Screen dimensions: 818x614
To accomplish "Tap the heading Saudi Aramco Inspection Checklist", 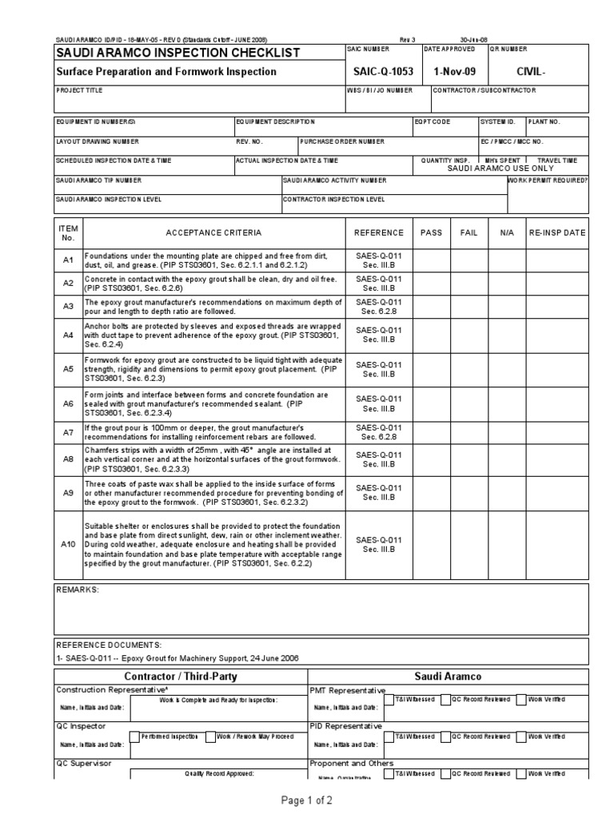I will [177, 53].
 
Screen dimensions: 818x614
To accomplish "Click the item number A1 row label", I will [68, 260].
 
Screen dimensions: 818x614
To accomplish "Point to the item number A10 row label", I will [68, 544].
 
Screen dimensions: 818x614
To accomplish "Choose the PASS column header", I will [431, 232].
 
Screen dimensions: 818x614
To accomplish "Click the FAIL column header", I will [468, 232].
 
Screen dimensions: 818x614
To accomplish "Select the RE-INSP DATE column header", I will [557, 232].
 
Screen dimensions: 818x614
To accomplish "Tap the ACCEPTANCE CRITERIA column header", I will [213, 232].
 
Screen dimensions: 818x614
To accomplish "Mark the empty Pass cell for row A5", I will [431, 369].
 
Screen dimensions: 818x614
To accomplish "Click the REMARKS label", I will [77, 589].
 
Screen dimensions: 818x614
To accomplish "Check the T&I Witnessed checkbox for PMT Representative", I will [389, 701].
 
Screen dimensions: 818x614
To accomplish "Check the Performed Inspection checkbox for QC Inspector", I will [134, 737].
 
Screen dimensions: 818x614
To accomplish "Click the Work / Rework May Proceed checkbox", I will [210, 737].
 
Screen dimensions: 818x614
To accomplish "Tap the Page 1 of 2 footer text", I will [306, 800].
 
